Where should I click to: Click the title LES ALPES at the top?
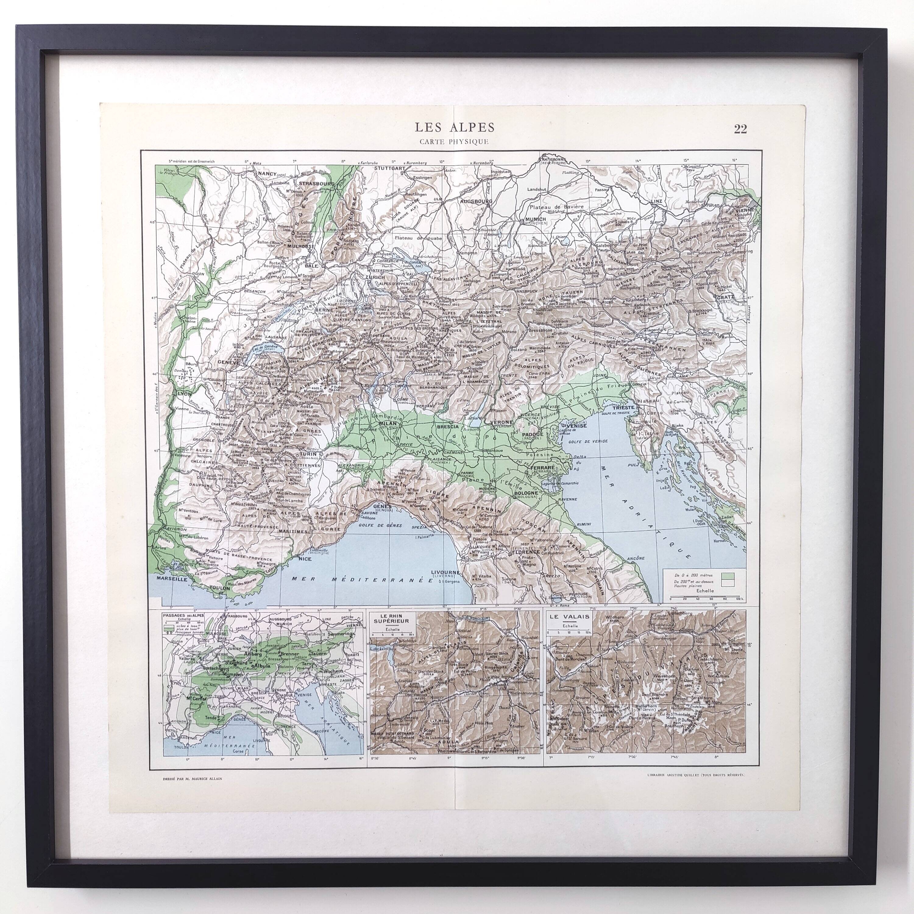click(455, 127)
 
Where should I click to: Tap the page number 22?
click(740, 129)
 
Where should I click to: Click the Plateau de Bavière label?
click(557, 207)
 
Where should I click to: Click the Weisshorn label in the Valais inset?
click(663, 675)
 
